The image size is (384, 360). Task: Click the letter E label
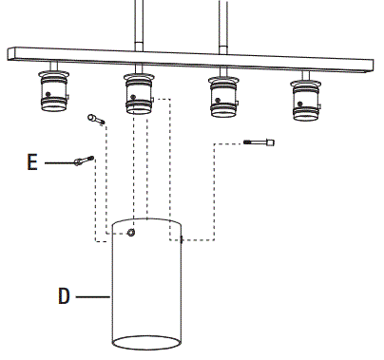point(32,163)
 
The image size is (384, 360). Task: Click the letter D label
point(64,295)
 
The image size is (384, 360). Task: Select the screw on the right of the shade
point(259,142)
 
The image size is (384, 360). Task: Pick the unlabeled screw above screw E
point(95,119)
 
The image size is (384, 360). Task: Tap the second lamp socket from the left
point(139,93)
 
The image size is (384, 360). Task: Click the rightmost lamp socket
point(304,99)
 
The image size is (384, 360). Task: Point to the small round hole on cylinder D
point(131,232)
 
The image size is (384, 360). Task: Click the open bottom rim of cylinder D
point(146,341)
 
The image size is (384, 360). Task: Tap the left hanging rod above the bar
point(141,24)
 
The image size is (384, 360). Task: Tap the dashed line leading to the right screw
point(214,190)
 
